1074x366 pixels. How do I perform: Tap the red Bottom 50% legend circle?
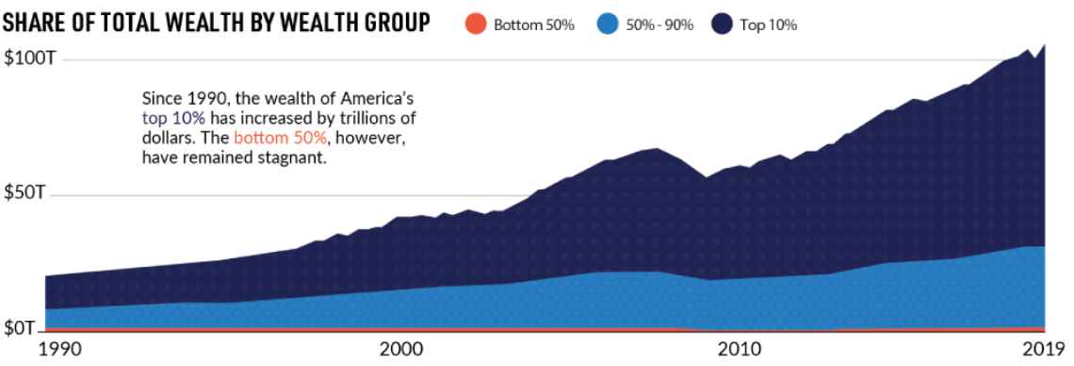[x=475, y=24]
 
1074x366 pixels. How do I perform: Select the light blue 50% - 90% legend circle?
[x=607, y=24]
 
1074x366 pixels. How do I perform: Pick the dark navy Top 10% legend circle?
[x=723, y=24]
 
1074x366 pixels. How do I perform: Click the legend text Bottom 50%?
[x=533, y=25]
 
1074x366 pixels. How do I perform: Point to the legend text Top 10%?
[x=768, y=25]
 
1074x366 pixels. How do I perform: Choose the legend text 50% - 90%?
[x=659, y=25]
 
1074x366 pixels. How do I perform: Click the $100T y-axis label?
[x=29, y=58]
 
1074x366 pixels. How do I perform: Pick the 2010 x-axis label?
[x=740, y=349]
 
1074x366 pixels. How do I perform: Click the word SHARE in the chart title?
[x=31, y=24]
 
